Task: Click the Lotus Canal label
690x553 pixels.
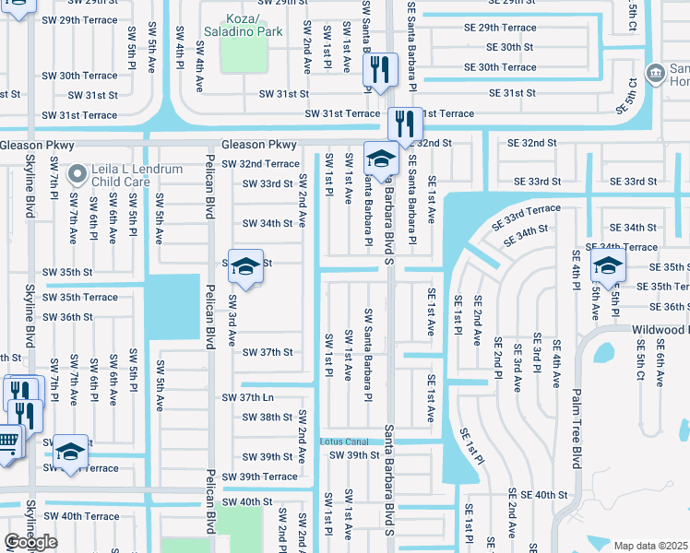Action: point(344,441)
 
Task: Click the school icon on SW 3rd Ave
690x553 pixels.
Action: point(245,266)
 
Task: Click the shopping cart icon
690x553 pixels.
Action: point(6,441)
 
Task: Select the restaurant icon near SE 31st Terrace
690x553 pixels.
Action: point(405,122)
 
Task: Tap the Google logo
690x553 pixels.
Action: point(30,542)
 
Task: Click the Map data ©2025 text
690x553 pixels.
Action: point(651,546)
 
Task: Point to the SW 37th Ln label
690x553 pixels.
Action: point(248,397)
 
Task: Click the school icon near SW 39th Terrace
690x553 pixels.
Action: point(70,451)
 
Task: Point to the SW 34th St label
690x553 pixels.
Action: point(267,224)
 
